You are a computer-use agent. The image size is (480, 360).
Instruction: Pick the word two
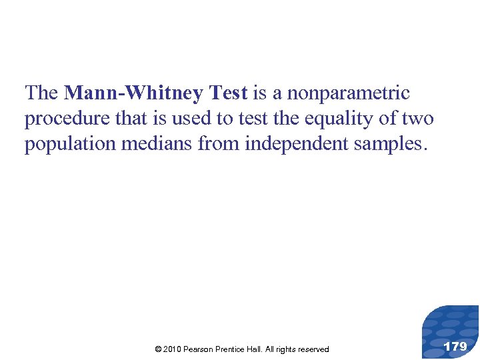[x=418, y=119]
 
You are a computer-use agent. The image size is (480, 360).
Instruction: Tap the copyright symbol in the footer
[x=157, y=349]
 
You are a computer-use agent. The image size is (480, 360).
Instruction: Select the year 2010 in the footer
[x=172, y=349]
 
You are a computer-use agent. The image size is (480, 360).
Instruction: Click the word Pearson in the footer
[x=198, y=349]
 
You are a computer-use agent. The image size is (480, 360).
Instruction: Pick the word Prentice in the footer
[x=230, y=349]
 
